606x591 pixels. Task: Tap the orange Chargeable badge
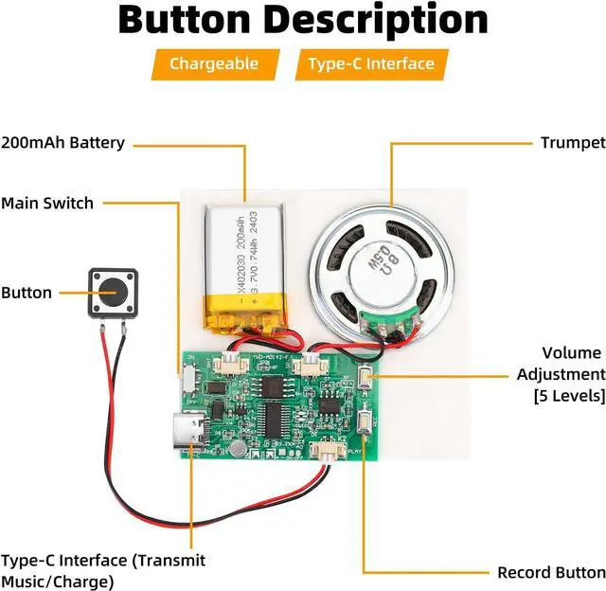tap(214, 64)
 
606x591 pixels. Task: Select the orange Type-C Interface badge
tap(371, 64)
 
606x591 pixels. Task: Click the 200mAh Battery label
tap(62, 143)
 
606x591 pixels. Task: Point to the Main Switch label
tap(47, 203)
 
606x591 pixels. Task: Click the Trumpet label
tap(572, 143)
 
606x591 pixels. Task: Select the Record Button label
tap(551, 572)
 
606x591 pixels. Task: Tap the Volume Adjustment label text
tap(561, 374)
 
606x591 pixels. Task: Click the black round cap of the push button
tap(113, 291)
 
